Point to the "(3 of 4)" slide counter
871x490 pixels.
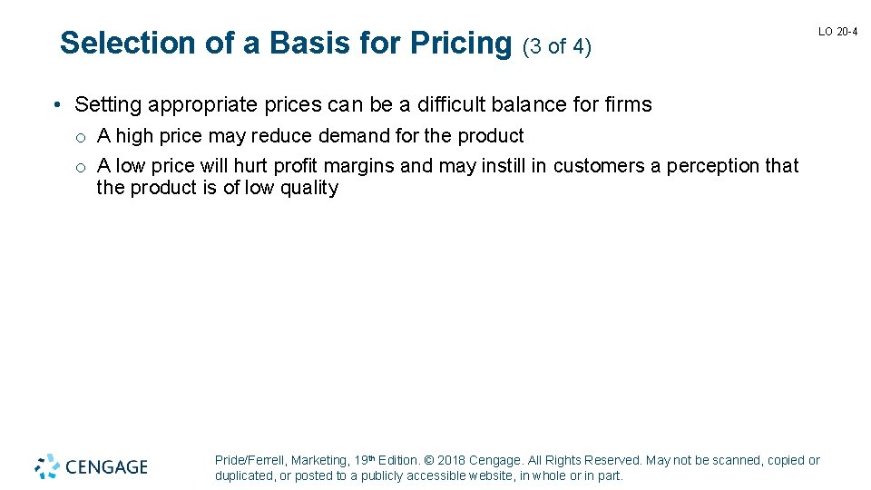[x=557, y=45]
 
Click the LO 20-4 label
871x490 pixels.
[x=837, y=32]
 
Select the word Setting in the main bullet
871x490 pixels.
[x=108, y=105]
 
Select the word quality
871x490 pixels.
[x=308, y=189]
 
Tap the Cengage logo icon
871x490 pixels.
[x=48, y=466]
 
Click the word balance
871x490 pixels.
[x=532, y=105]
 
